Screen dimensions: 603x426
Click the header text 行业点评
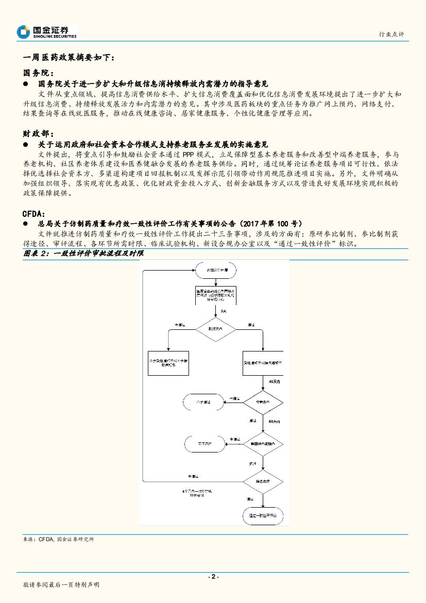pos(391,34)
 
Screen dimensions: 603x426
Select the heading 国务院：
pos(39,73)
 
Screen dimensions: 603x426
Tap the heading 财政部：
pos(39,134)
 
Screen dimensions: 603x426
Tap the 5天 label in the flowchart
pos(223,312)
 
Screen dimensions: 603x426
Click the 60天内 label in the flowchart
pos(275,421)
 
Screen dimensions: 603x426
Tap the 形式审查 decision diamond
pos(215,329)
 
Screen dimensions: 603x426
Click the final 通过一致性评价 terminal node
pos(263,515)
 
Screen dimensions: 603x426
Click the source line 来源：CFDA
pos(59,539)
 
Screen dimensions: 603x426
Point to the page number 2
pos(213,577)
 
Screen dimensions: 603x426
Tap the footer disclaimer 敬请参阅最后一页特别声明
pos(61,585)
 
